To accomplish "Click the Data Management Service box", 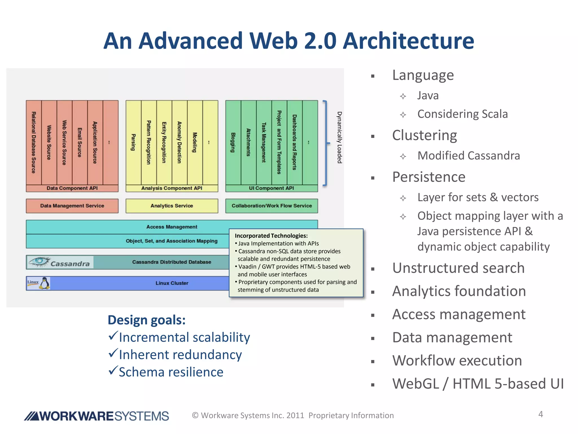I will [x=72, y=206].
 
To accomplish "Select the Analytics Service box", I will [x=172, y=206].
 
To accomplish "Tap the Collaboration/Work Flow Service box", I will [x=272, y=206].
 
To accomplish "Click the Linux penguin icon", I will [x=44, y=283].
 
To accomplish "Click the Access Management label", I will [x=172, y=227].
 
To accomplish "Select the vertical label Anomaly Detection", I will [x=179, y=142].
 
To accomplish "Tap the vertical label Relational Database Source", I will [x=34, y=142].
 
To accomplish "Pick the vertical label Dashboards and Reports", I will [x=294, y=142].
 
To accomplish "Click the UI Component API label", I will [x=271, y=188].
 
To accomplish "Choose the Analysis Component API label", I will [x=172, y=188].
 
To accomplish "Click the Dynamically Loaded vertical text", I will [x=340, y=137].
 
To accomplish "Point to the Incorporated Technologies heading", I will [x=271, y=236].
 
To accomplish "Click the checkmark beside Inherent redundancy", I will [x=113, y=353].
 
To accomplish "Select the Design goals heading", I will [x=146, y=320].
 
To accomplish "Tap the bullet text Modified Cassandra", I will [x=468, y=156].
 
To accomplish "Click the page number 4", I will [x=540, y=414].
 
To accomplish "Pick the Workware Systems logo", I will [x=97, y=416].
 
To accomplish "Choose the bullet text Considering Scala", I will [x=462, y=114].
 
